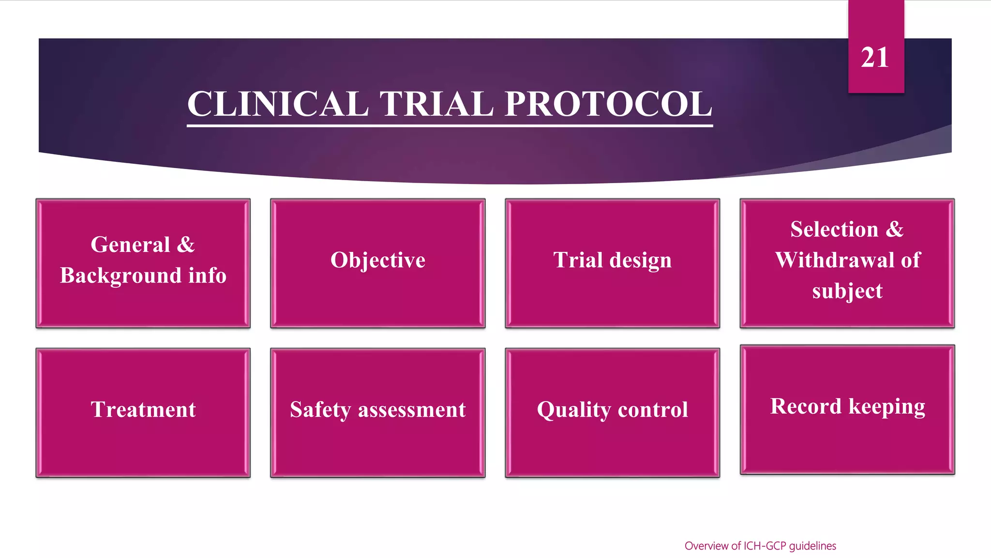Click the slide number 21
coord(875,58)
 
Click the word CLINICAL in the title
coord(278,104)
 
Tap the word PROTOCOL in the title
coord(608,104)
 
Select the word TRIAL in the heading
coord(437,104)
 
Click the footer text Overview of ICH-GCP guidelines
coord(760,546)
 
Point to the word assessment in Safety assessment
coord(412,410)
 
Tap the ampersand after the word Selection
coord(895,229)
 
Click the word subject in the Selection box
coord(847,291)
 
